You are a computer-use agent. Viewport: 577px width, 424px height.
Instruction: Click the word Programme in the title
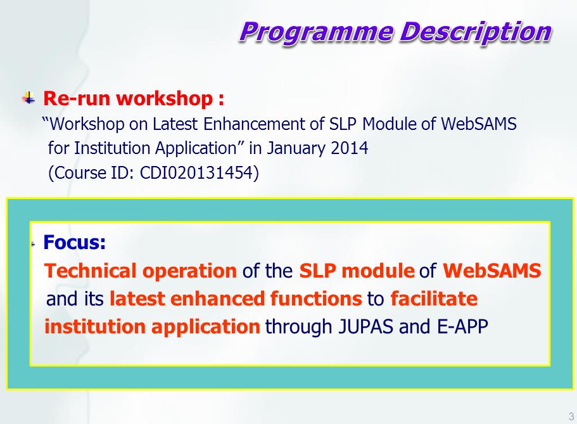pyautogui.click(x=317, y=33)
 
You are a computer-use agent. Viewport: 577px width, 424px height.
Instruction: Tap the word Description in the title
pyautogui.click(x=476, y=32)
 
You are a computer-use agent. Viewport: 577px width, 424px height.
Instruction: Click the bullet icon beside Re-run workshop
pyautogui.click(x=29, y=98)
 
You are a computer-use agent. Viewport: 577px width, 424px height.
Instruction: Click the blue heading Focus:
pyautogui.click(x=74, y=242)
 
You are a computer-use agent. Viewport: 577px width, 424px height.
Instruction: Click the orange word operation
pyautogui.click(x=189, y=271)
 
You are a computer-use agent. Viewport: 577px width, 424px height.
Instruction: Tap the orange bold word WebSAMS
pyautogui.click(x=491, y=271)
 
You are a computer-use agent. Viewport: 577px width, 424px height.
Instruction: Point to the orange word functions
pyautogui.click(x=316, y=299)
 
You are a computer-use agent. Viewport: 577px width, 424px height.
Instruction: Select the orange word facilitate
pyautogui.click(x=434, y=299)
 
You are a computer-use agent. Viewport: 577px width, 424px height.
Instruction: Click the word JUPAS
pyautogui.click(x=365, y=327)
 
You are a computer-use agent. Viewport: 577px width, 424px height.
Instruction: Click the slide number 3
pyautogui.click(x=571, y=416)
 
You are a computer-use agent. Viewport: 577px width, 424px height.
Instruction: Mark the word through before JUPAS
pyautogui.click(x=299, y=327)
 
